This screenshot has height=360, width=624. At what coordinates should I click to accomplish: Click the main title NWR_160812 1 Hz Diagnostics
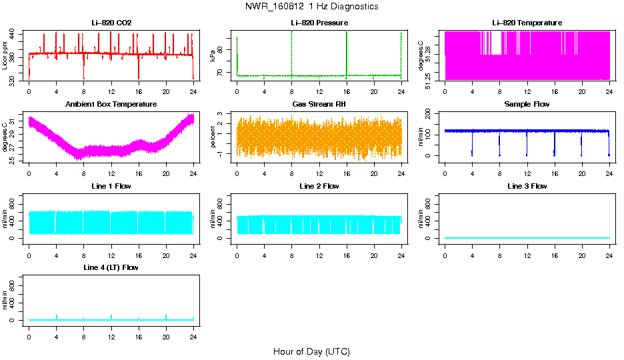click(311, 7)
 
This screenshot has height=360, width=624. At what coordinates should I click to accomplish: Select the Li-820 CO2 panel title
click(111, 23)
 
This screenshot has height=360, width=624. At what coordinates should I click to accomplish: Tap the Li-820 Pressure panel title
click(319, 23)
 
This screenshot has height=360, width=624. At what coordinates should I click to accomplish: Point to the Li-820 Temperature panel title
click(527, 23)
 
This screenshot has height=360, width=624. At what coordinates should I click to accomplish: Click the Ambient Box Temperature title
click(111, 105)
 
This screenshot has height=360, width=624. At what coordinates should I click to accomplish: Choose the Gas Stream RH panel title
click(319, 105)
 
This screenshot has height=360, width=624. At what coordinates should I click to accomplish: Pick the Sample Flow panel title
click(527, 105)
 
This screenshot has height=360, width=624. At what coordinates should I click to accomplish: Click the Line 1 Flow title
click(111, 186)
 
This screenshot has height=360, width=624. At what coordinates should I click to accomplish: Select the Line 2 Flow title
click(319, 186)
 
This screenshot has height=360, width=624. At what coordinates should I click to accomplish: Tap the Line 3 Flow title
click(527, 186)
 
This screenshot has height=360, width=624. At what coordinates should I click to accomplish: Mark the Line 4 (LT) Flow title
click(111, 267)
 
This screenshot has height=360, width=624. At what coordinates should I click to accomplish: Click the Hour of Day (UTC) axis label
click(311, 351)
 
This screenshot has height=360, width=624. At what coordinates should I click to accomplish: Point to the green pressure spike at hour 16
click(347, 53)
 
